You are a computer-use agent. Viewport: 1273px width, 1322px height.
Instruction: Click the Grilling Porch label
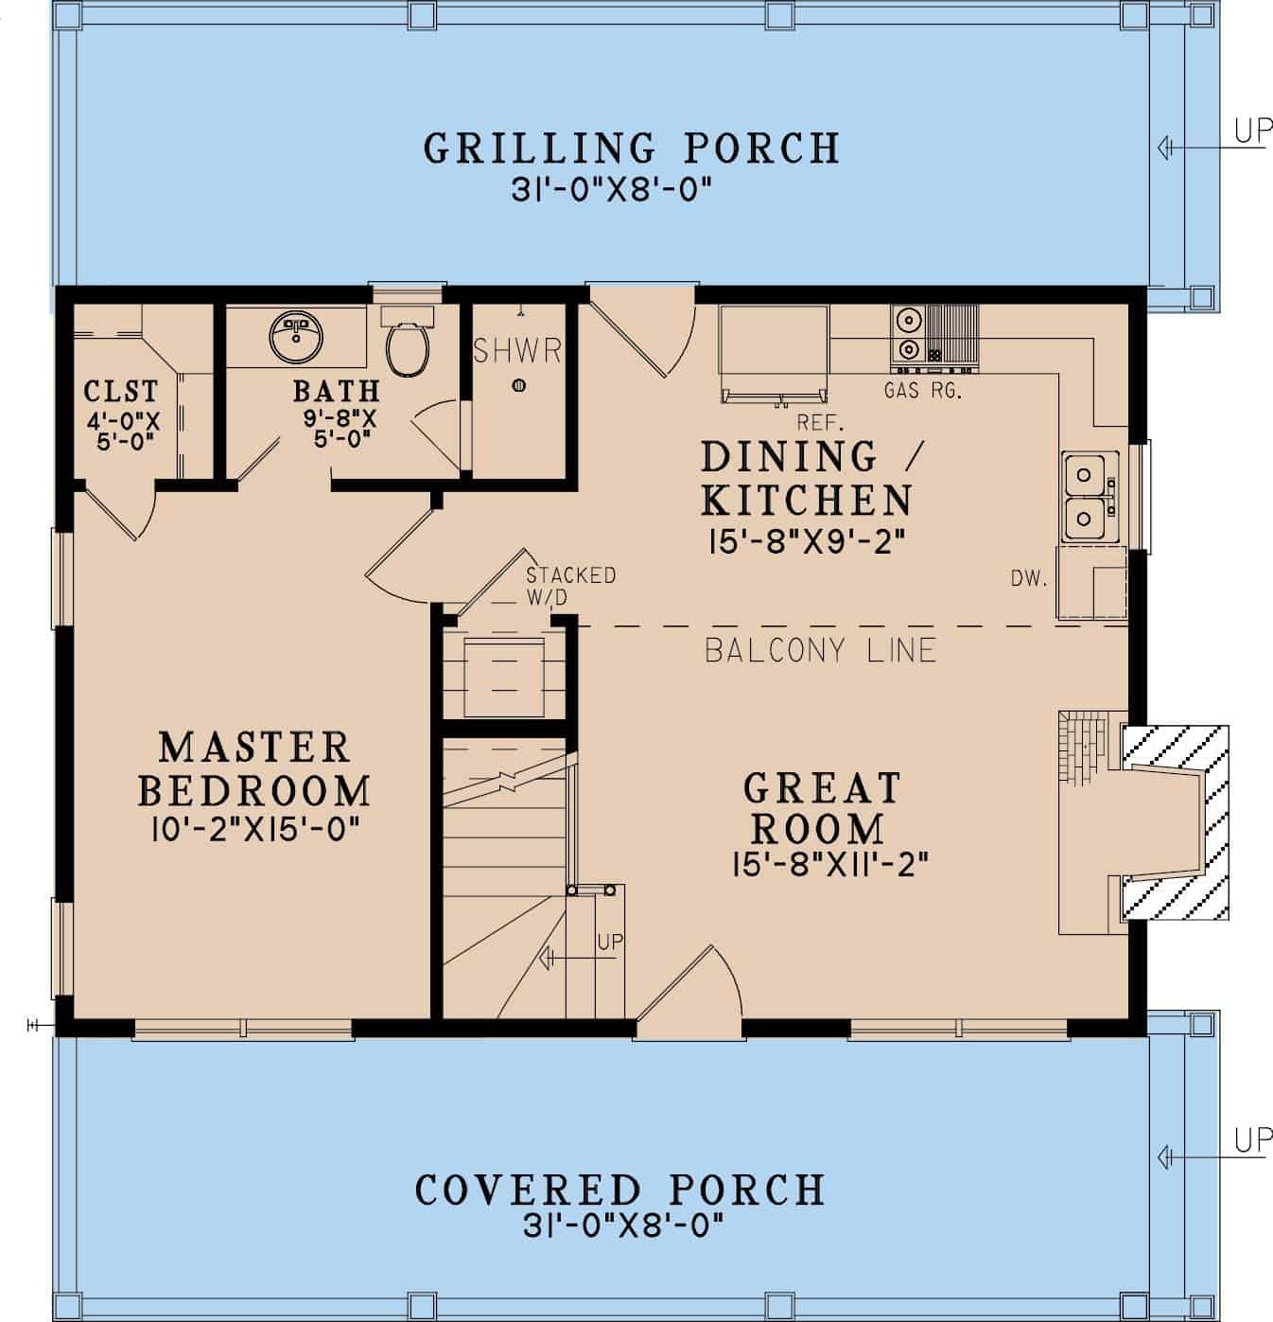(631, 149)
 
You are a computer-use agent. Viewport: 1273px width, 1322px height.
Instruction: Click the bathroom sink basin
(296, 333)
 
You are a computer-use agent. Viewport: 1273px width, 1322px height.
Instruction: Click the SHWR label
(517, 351)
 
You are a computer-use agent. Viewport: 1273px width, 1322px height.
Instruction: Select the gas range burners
(908, 334)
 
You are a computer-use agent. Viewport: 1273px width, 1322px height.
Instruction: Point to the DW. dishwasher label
(1029, 579)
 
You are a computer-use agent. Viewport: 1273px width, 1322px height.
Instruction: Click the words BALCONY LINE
(820, 650)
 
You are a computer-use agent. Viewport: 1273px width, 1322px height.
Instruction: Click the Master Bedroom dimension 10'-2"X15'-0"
(255, 830)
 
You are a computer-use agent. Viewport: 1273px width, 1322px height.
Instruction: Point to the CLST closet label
(121, 391)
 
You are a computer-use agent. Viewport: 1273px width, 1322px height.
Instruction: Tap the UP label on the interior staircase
(610, 943)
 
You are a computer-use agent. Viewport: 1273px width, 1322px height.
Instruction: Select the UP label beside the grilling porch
(1252, 132)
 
